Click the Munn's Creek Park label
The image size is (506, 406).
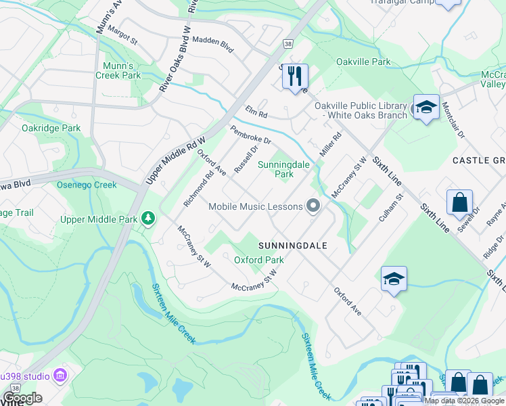pos(122,70)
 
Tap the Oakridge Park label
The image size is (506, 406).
pos(51,128)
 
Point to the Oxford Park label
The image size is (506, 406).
pos(258,260)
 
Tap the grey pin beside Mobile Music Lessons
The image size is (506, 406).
pos(313,206)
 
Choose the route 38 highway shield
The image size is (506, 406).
pos(287,43)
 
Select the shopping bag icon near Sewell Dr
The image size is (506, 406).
pos(459,202)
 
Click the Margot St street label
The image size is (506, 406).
pos(123,37)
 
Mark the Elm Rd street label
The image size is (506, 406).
pos(257,111)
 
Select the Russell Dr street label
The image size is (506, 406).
pos(246,158)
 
